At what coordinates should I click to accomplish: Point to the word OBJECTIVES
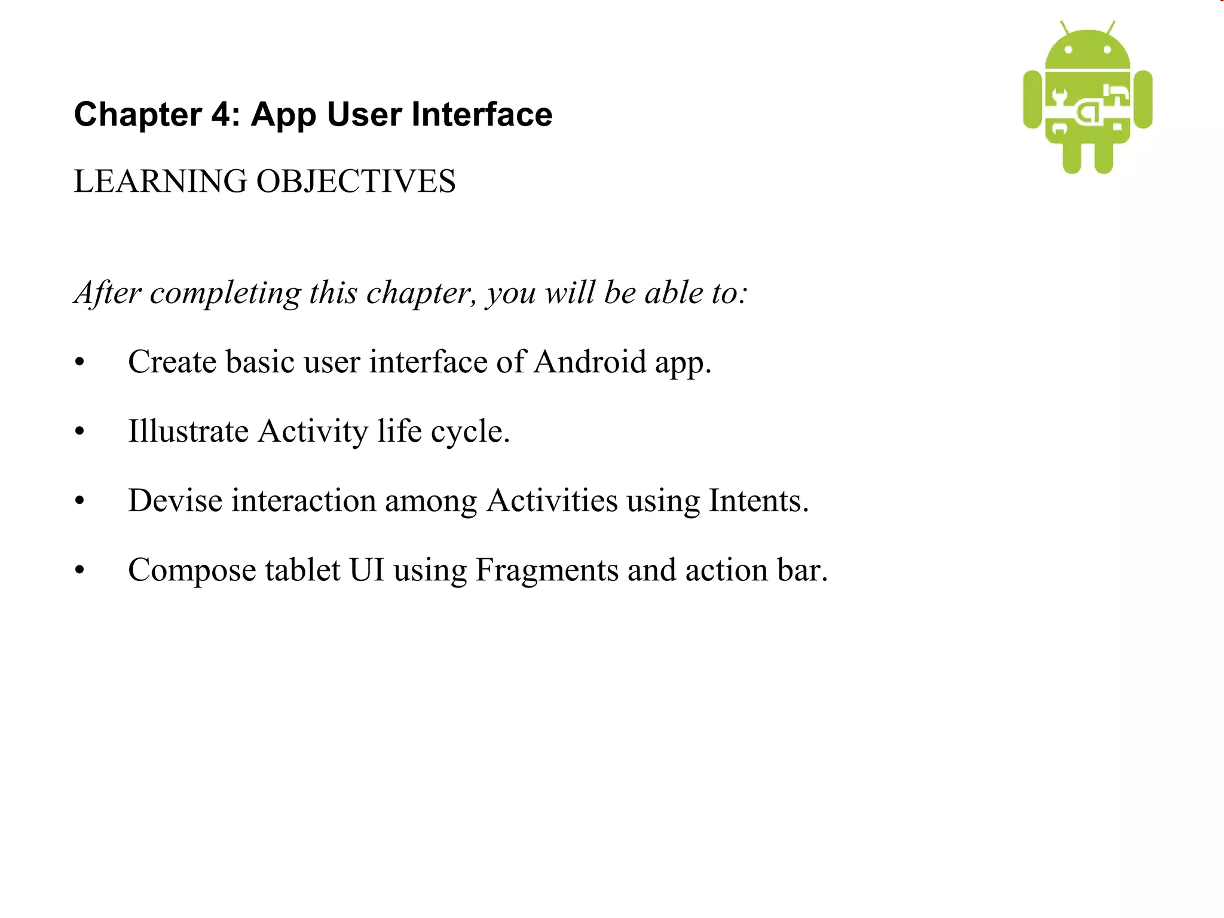pyautogui.click(x=356, y=182)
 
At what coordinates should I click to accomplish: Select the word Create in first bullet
pyautogui.click(x=172, y=362)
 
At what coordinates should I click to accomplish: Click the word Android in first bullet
pyautogui.click(x=590, y=362)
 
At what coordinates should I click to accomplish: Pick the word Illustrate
pyautogui.click(x=188, y=432)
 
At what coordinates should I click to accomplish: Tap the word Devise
pyautogui.click(x=175, y=501)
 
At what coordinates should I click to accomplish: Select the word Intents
pyautogui.click(x=758, y=501)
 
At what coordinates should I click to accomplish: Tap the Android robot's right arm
pyautogui.click(x=1143, y=99)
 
